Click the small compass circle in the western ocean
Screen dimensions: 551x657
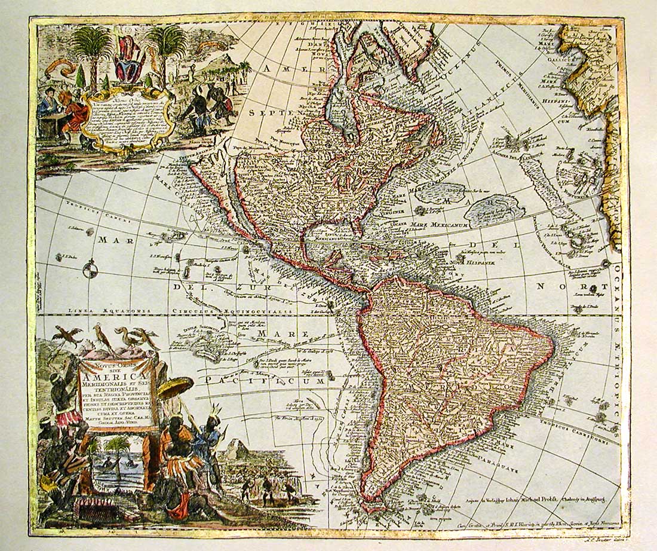[90, 270]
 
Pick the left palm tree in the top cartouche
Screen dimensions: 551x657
[93, 48]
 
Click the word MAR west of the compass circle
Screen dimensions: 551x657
[111, 241]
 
